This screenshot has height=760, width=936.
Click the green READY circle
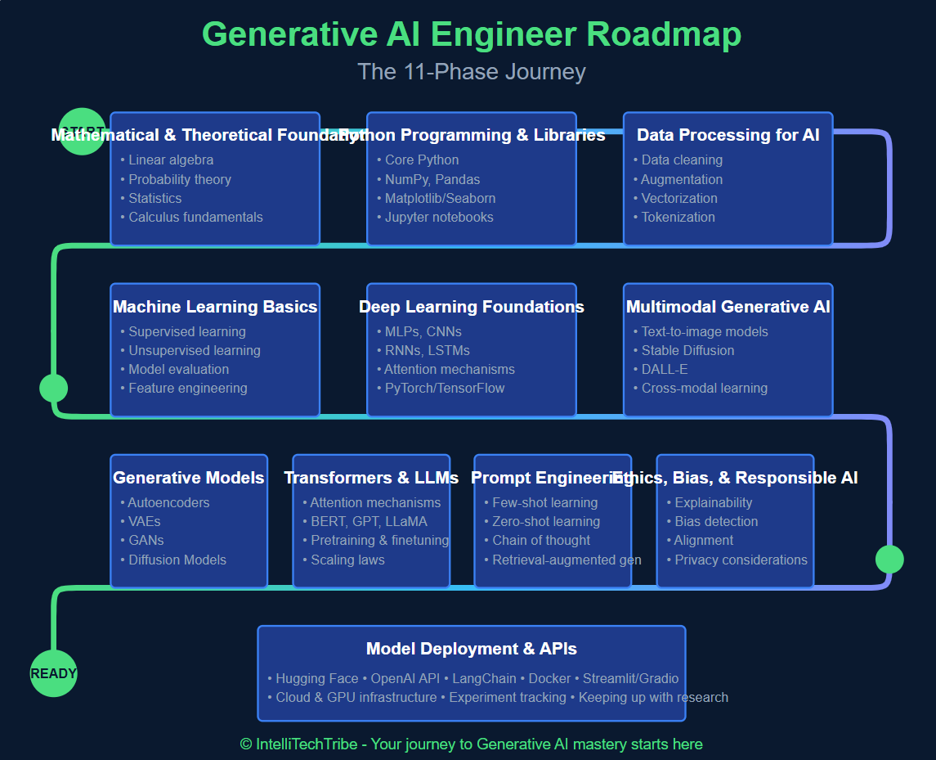(53, 673)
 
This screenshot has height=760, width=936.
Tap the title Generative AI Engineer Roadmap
(472, 34)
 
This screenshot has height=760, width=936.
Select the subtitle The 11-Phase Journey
(472, 72)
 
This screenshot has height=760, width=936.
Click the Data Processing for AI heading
(728, 135)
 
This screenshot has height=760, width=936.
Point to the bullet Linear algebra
(171, 160)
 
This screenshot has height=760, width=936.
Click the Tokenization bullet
(678, 218)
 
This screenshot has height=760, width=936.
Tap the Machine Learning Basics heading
(215, 307)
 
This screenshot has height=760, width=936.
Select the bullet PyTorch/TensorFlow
(445, 389)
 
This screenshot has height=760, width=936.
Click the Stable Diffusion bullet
(687, 351)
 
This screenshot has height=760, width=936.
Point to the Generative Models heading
(189, 478)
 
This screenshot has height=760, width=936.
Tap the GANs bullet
(146, 541)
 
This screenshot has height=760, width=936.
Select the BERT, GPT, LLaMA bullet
(369, 522)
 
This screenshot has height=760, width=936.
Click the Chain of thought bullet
(541, 541)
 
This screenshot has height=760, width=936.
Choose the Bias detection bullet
(716, 522)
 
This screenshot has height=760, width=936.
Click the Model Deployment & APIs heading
(472, 649)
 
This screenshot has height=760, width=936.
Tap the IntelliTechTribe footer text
(472, 744)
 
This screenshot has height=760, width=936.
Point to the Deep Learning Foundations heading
(472, 307)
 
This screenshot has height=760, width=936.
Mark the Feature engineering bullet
(187, 389)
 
